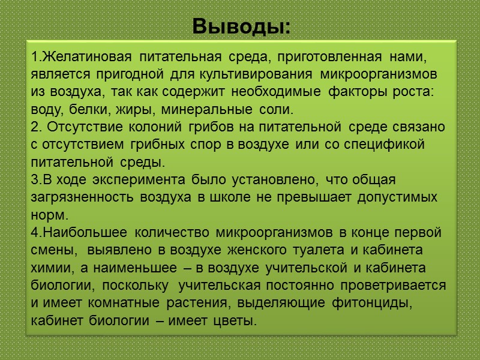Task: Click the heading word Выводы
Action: coord(241,26)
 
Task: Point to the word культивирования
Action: coord(274,74)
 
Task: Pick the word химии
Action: coord(49,268)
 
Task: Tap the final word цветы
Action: coord(232,321)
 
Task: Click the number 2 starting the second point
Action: coord(33,127)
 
